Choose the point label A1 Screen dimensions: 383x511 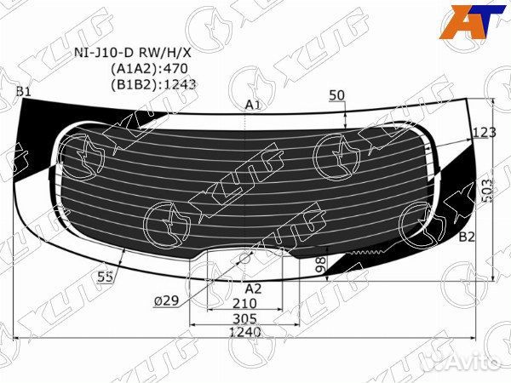[x=252, y=105]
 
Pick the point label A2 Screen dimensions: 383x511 [x=253, y=287]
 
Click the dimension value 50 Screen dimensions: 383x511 [x=336, y=94]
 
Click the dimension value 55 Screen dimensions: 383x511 [x=106, y=277]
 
